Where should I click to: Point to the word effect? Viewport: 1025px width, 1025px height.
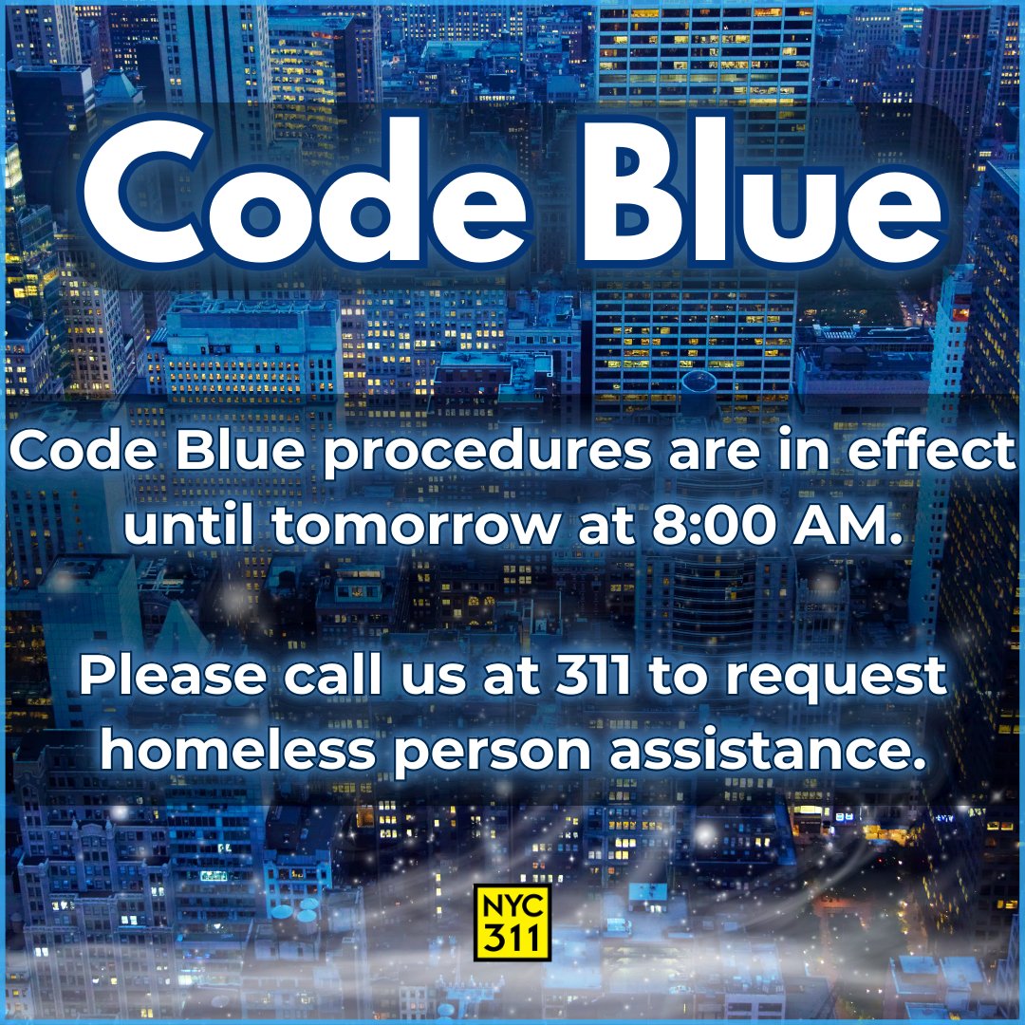point(932,454)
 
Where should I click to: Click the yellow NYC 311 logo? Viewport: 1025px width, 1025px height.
point(512,922)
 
